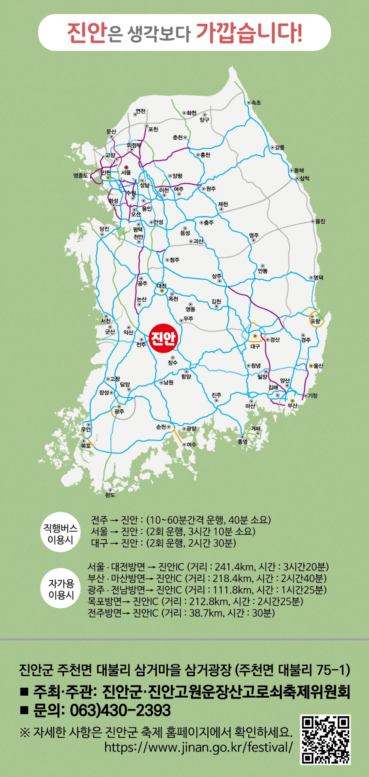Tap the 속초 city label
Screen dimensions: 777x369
(256, 103)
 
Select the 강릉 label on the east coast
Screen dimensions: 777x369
(280, 147)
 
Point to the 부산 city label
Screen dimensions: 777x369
(293, 405)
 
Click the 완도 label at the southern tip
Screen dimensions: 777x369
(110, 495)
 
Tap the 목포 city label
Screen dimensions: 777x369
(86, 445)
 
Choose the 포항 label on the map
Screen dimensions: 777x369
(315, 321)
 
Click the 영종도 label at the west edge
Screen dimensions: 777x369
(81, 176)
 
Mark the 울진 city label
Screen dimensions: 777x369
(320, 221)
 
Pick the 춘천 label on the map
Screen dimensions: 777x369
(178, 137)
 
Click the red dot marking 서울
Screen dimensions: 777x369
(126, 167)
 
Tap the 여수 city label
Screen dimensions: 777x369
(191, 445)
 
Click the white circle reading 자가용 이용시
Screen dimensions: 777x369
(61, 589)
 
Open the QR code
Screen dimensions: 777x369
(326, 740)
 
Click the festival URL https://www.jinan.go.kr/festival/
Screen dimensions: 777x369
(199, 747)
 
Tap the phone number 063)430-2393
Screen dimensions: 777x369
(120, 710)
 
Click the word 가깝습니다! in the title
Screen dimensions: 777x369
(249, 32)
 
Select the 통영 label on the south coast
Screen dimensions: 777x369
(243, 442)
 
